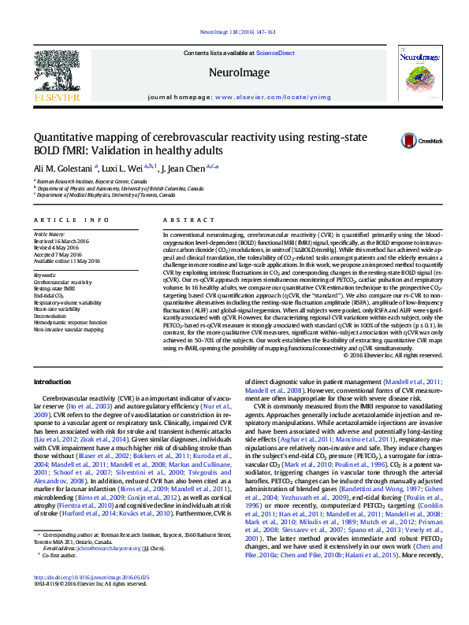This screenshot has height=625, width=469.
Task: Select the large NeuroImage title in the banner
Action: tap(234, 72)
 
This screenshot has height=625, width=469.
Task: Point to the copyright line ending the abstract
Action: tap(392, 354)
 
